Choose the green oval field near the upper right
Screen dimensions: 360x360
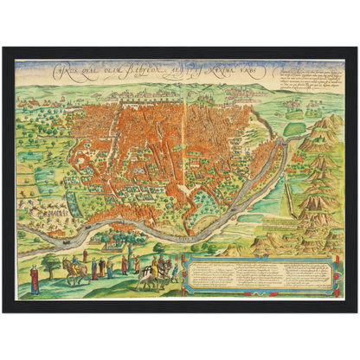click(x=295, y=128)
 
